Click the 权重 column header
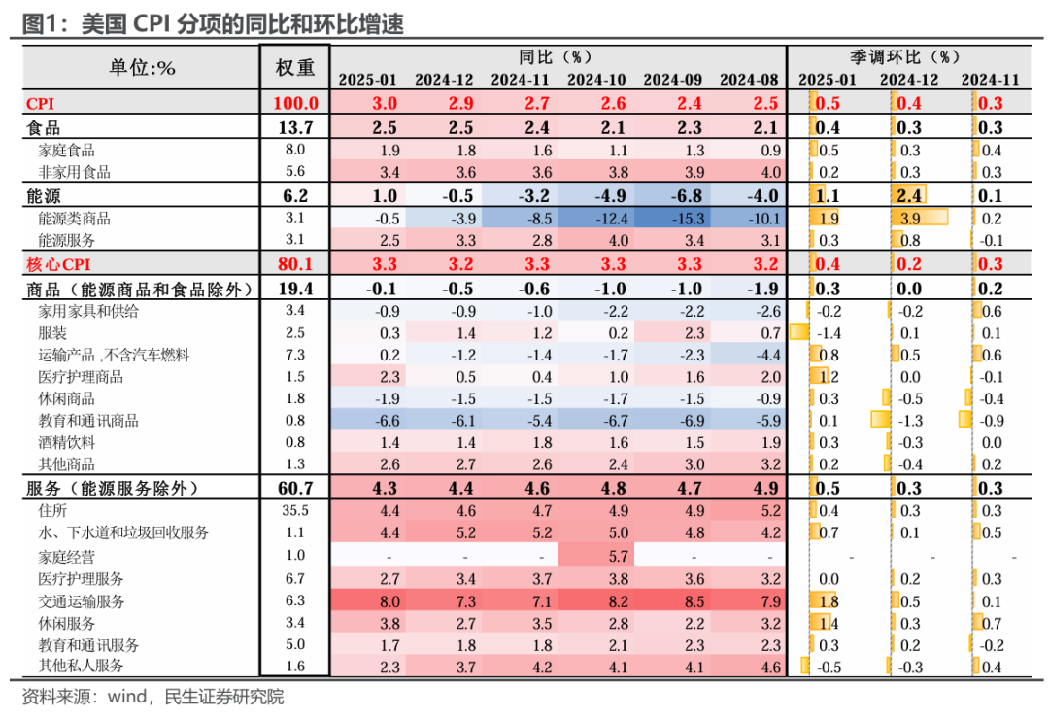(x=295, y=67)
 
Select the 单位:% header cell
(x=142, y=67)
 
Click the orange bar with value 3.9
(x=918, y=218)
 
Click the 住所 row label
(x=52, y=510)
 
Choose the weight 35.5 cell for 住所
(x=295, y=510)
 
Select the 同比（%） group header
(x=558, y=57)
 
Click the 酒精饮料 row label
(x=67, y=442)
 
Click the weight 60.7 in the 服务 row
(x=295, y=488)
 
